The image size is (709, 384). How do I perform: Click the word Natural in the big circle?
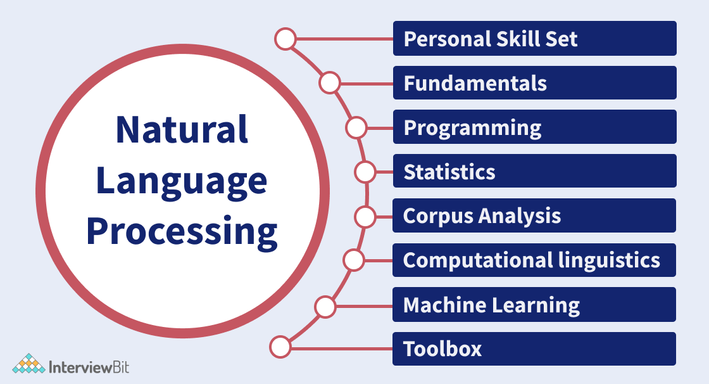182,129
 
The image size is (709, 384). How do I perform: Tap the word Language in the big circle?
182,181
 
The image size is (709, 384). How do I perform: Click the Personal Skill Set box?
534,39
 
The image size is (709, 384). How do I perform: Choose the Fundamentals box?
534,83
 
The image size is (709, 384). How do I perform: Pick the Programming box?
534,127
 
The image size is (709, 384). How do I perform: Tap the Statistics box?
534,171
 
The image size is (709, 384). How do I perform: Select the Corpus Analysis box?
534,215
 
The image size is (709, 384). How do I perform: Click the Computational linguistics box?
534,260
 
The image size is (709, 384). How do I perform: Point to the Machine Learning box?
534,305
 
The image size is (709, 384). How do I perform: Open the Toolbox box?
534,349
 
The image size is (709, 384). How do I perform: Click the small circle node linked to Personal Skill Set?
285,39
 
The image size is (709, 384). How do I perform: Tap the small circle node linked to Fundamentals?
330,83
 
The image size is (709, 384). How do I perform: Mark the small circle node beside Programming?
356,128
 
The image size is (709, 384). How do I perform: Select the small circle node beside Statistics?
365,172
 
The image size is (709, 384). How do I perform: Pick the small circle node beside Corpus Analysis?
365,217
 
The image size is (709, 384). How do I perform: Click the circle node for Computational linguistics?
354,260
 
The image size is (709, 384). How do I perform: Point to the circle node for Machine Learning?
325,307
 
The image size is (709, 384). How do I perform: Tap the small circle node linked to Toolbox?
280,347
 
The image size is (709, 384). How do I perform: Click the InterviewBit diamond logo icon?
28,364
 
